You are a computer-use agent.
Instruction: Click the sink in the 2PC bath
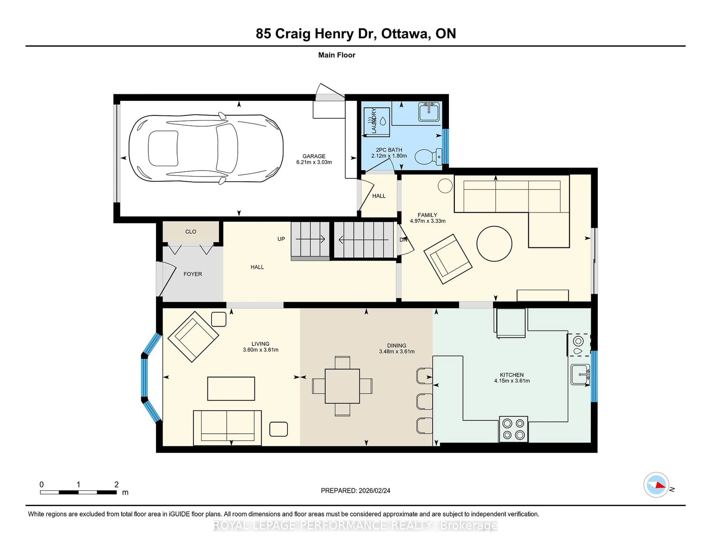pos(429,112)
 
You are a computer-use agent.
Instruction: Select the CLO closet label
pos(191,232)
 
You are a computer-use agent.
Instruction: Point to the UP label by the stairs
pos(281,239)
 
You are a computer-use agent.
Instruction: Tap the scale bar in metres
pos(78,492)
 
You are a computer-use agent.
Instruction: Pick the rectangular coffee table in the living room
pos(231,388)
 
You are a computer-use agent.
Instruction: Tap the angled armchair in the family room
pos(448,259)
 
